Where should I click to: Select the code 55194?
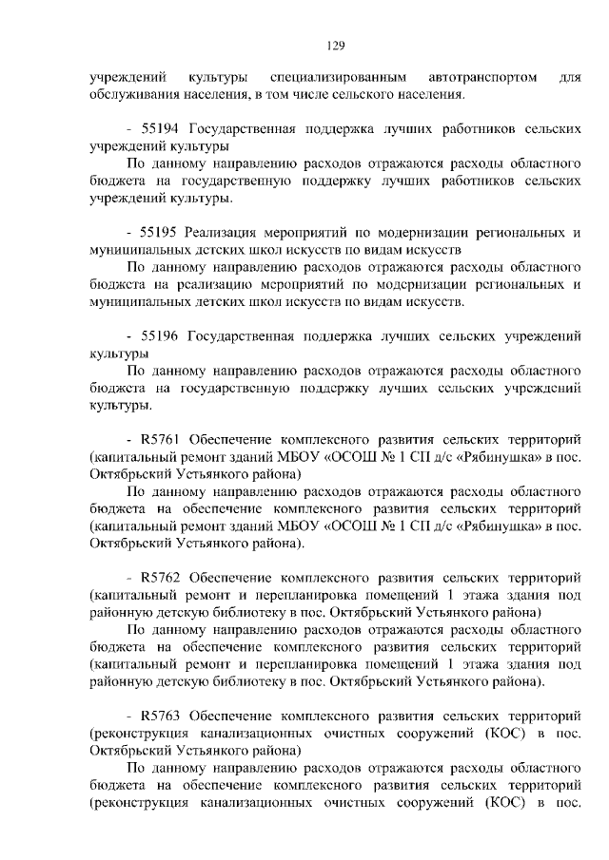(x=161, y=127)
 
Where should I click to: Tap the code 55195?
(x=160, y=232)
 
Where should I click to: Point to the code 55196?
(x=161, y=335)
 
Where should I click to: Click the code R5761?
(x=162, y=440)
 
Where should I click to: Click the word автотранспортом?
(x=482, y=75)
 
